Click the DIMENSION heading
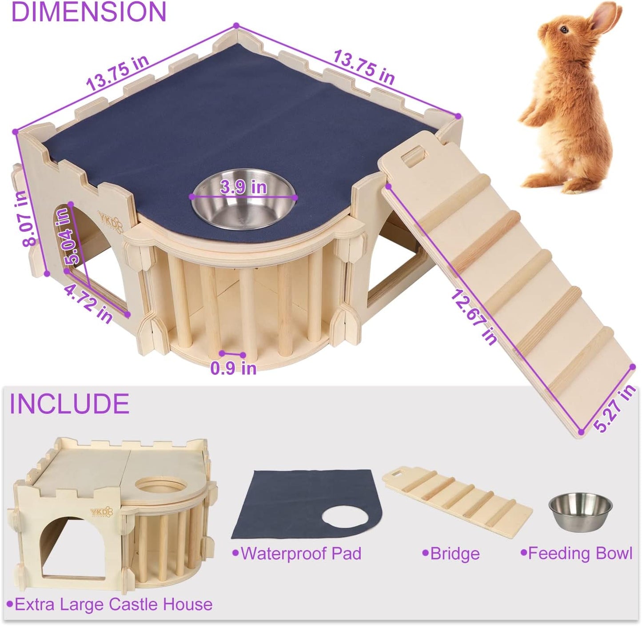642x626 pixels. pyautogui.click(x=88, y=12)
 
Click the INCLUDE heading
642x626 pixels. pyautogui.click(x=69, y=404)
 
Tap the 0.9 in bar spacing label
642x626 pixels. pyautogui.click(x=233, y=368)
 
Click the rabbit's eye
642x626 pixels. pyautogui.click(x=563, y=29)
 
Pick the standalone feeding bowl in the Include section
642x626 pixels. pyautogui.click(x=580, y=511)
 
